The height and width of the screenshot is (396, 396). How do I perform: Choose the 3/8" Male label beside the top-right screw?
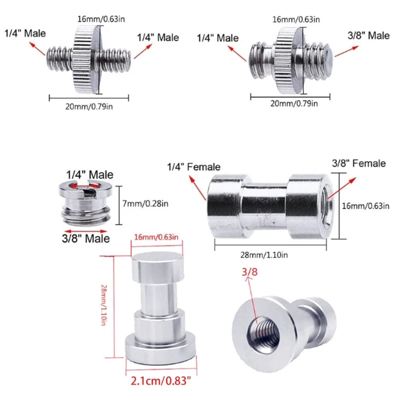[x=368, y=35]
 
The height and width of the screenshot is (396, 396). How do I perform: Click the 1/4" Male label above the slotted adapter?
[x=90, y=174]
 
